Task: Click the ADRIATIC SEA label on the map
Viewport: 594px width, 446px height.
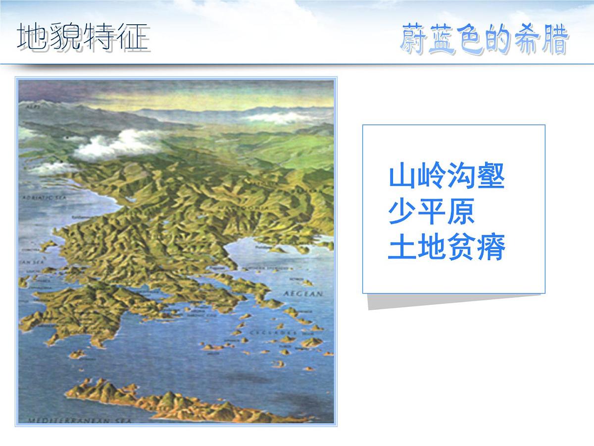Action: coord(45,197)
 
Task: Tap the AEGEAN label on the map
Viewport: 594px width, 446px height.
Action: coord(302,294)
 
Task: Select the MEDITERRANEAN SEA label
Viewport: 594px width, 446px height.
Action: coord(79,420)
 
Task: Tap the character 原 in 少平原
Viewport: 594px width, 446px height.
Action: coord(461,212)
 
